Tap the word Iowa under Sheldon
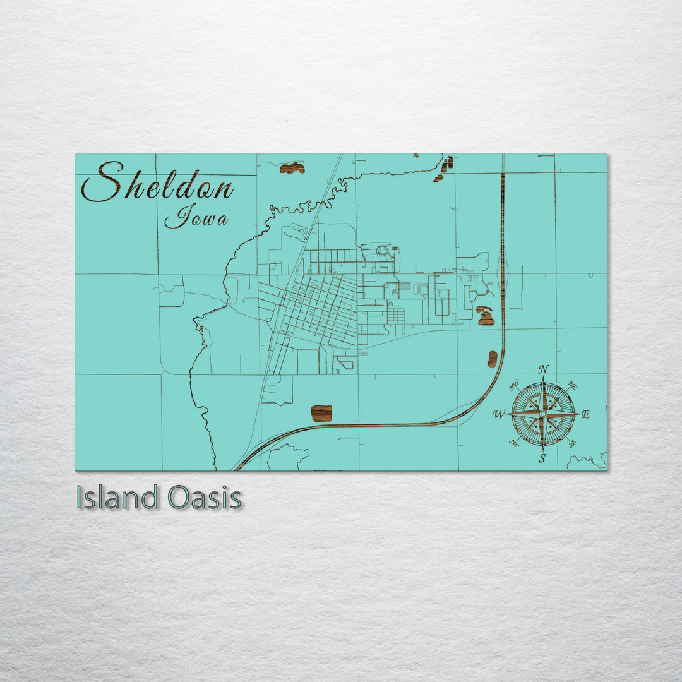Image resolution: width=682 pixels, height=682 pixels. tap(196, 217)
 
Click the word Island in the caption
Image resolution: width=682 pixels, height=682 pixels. tap(117, 498)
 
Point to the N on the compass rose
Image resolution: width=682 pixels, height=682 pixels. tap(544, 369)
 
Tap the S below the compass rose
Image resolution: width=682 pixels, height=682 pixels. tap(542, 459)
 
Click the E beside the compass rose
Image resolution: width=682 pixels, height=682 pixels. tap(585, 415)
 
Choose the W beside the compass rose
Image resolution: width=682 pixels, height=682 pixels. tap(499, 415)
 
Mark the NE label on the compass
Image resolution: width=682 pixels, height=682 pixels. tap(572, 385)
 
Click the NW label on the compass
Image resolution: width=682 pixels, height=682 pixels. tap(514, 384)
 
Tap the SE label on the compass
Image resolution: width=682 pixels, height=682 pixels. tap(571, 444)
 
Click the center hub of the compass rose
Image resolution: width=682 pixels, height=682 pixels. tap(543, 414)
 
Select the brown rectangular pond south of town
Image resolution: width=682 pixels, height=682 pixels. tap(321, 413)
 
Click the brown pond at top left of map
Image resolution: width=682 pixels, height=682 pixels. tap(292, 168)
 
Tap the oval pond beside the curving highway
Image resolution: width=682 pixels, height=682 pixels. tap(493, 359)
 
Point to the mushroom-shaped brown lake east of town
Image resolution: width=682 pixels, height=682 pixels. tap(485, 316)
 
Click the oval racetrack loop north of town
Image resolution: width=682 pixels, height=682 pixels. tap(383, 251)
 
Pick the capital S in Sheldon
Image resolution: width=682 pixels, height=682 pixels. tap(104, 181)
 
